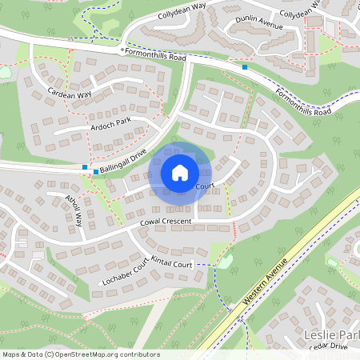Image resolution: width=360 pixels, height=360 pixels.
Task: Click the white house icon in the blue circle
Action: pyautogui.click(x=180, y=172)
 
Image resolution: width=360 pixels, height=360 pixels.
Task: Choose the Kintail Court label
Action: pyautogui.click(x=172, y=263)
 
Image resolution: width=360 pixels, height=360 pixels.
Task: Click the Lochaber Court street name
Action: pyautogui.click(x=126, y=274)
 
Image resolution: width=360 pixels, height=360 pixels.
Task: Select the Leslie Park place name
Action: pyautogui.click(x=330, y=333)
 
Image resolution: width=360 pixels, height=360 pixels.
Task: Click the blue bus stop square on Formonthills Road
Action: pyautogui.click(x=245, y=67)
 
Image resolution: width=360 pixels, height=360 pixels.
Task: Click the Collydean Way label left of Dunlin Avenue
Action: pyautogui.click(x=182, y=14)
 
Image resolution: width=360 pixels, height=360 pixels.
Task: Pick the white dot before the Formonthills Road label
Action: pyautogui.click(x=122, y=50)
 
